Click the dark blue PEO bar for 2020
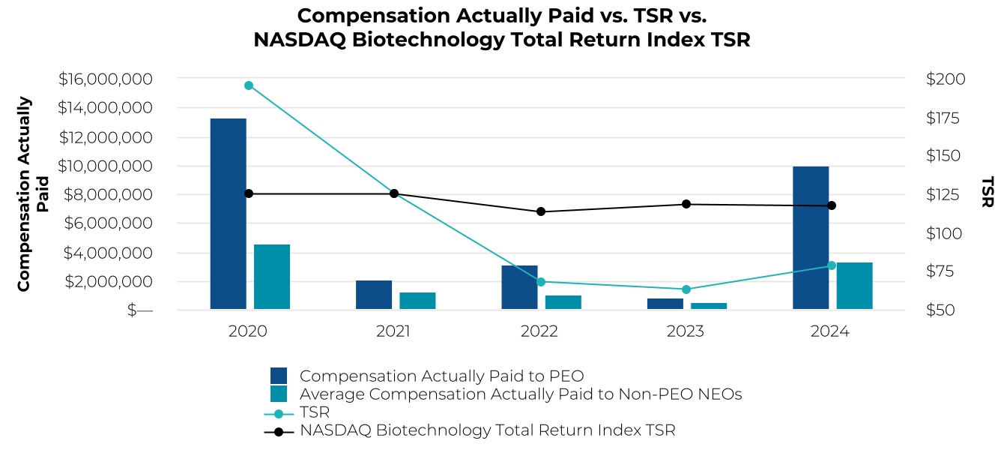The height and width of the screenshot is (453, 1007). click(x=228, y=214)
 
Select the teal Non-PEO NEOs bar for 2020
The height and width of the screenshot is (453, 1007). click(x=272, y=277)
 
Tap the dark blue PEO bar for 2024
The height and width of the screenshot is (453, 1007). click(x=811, y=238)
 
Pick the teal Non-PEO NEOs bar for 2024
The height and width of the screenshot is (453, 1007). click(x=854, y=286)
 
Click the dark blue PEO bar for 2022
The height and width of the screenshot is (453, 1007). click(x=519, y=287)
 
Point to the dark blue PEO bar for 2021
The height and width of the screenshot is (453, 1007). click(x=374, y=295)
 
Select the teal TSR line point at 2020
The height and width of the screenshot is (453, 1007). click(x=249, y=85)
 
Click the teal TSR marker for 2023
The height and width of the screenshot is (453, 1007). click(x=686, y=289)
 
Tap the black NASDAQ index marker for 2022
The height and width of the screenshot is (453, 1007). click(x=540, y=211)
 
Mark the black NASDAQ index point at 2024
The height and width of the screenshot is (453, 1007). click(x=831, y=205)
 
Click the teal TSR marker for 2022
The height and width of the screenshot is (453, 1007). click(x=540, y=282)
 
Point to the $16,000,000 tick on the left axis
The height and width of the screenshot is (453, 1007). click(x=105, y=79)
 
